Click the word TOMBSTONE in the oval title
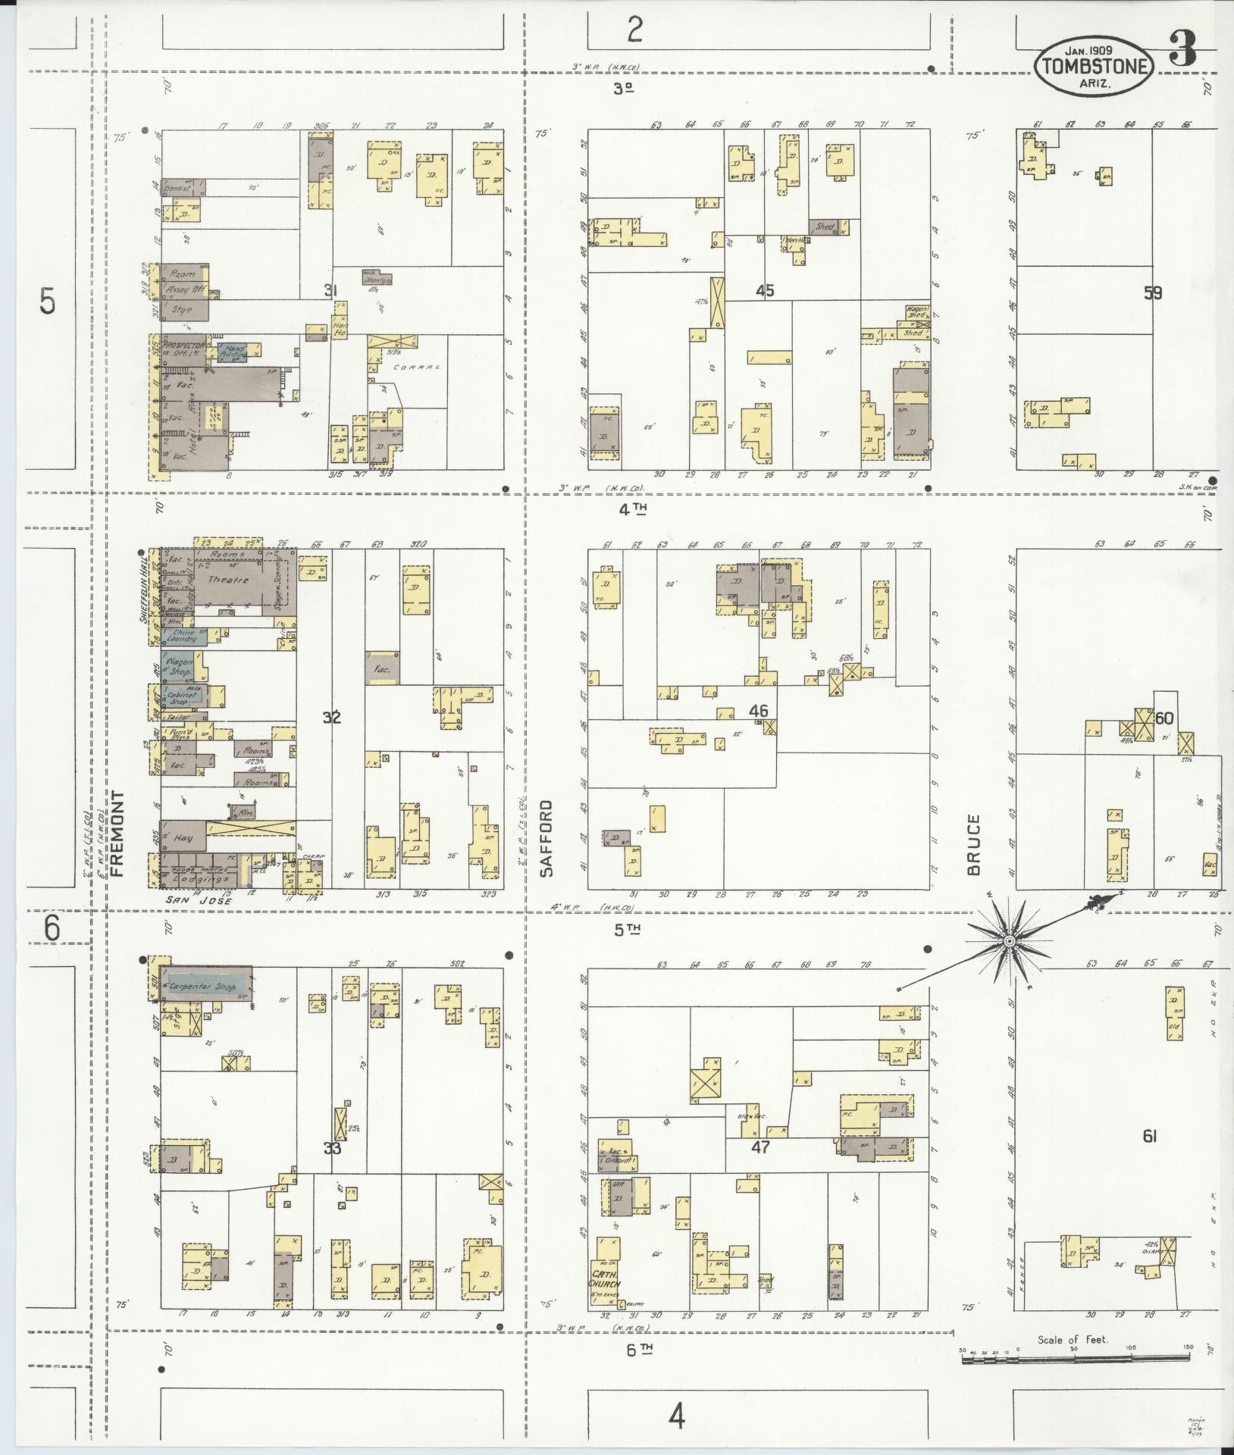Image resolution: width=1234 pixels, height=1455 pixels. pyautogui.click(x=1094, y=66)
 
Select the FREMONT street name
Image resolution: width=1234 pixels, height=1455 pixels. pyautogui.click(x=118, y=834)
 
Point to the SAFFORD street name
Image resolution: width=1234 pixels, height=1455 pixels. pyautogui.click(x=547, y=838)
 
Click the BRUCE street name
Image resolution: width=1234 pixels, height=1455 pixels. pyautogui.click(x=974, y=844)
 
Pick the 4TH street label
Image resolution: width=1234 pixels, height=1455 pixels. pyautogui.click(x=633, y=510)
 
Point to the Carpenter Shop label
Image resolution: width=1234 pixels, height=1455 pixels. pyautogui.click(x=202, y=987)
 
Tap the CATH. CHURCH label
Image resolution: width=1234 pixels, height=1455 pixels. pyautogui.click(x=606, y=1279)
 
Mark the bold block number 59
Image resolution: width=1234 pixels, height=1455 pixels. pyautogui.click(x=1153, y=293)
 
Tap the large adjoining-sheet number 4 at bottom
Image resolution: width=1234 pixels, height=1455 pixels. pyautogui.click(x=676, y=1415)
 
